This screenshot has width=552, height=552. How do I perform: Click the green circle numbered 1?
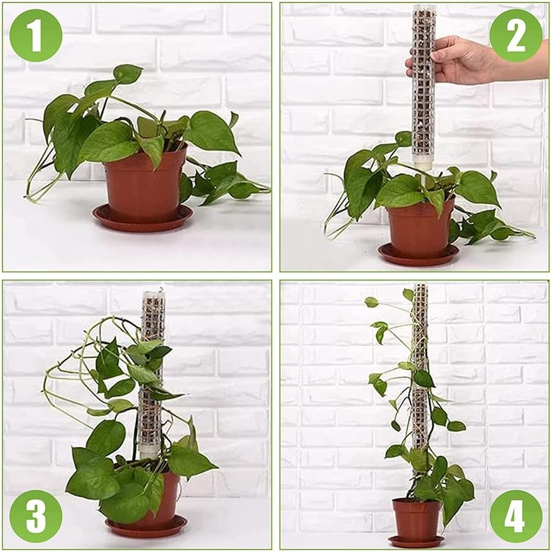coord(36,36)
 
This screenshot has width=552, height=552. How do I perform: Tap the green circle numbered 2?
coord(516,36)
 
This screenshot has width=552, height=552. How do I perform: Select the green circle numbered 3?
coord(36,516)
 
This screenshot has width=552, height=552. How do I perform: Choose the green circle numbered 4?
coord(516,516)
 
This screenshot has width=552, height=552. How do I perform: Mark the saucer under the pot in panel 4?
coord(416,541)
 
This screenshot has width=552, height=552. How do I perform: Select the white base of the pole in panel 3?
coord(148,450)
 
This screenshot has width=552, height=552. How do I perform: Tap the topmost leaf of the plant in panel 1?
coord(127,74)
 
